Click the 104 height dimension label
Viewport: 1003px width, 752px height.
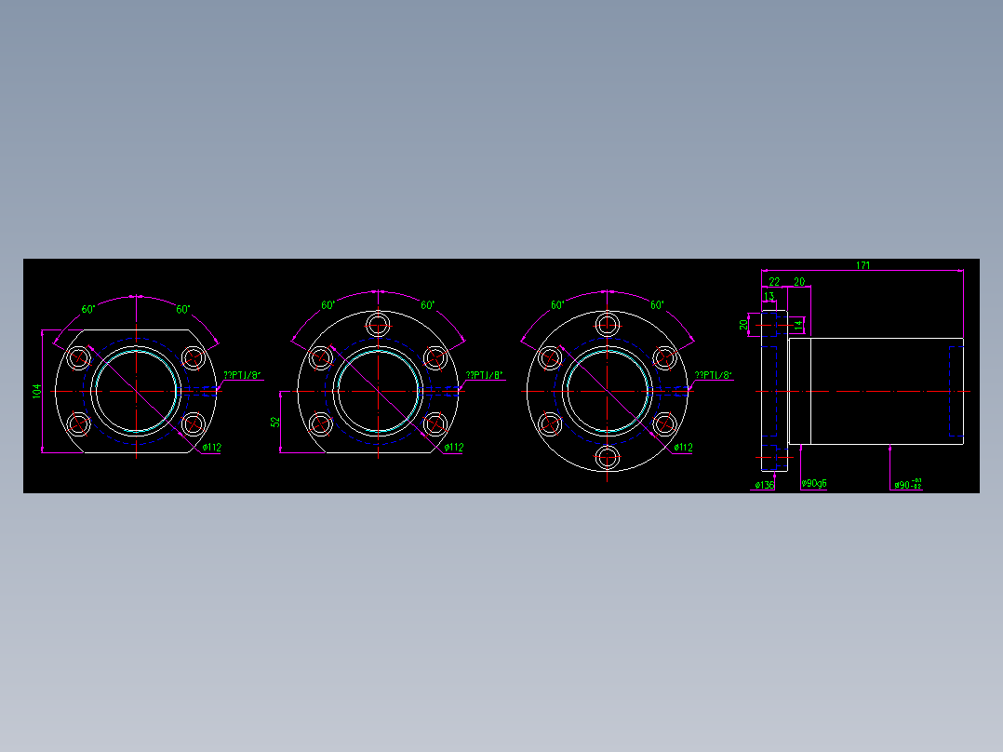pos(37,392)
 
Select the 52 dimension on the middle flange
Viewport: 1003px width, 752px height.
pos(275,422)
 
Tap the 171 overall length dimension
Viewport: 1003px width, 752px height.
pos(863,265)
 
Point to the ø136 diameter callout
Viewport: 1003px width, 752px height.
pos(764,485)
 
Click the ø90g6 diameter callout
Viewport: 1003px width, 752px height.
pos(814,484)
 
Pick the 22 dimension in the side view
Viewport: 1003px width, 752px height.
pos(774,281)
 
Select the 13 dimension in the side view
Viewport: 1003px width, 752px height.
pos(769,296)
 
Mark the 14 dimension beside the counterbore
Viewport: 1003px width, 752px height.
pos(797,323)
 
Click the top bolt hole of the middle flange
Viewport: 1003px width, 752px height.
pos(378,325)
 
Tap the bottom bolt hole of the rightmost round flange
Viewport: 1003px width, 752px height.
pos(608,457)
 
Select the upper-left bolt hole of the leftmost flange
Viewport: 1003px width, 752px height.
pos(78,357)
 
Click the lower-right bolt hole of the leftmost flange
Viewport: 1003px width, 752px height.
pos(193,425)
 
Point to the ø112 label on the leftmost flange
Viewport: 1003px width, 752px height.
pos(211,448)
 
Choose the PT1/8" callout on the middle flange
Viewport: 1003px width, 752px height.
pos(485,375)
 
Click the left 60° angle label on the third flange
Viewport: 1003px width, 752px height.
pos(557,305)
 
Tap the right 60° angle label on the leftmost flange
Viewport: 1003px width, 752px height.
pos(182,309)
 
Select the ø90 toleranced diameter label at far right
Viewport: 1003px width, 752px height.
pos(907,484)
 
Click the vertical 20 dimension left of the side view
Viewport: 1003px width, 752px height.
pos(743,325)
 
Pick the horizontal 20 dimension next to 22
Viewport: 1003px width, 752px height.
pos(798,281)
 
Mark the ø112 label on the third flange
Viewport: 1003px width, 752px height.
pos(683,448)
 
